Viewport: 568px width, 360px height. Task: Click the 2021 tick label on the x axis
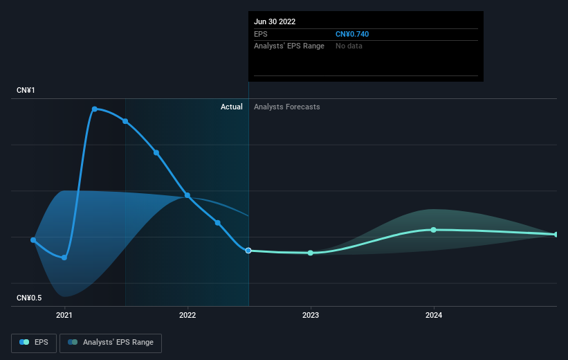pos(64,315)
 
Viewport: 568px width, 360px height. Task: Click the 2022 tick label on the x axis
pos(187,315)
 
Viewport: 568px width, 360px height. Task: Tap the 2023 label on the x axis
pos(311,315)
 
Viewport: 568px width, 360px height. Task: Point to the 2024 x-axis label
pos(434,315)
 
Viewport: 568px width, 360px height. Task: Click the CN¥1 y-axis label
pos(26,90)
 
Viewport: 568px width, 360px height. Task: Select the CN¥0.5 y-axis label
pos(29,298)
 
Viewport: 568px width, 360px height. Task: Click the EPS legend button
pos(34,343)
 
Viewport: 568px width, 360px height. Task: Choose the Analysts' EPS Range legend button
pos(111,343)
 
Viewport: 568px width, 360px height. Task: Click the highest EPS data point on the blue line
pos(95,109)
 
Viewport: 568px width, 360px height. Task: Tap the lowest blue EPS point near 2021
pos(64,258)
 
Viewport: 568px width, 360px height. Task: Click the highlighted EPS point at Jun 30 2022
pos(248,251)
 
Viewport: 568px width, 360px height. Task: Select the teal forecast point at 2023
pos(311,253)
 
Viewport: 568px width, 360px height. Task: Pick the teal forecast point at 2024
pos(434,230)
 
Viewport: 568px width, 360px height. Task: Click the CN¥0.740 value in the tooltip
pos(352,34)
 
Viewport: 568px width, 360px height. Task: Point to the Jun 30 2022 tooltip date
pos(275,21)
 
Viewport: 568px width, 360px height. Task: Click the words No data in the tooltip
pos(349,46)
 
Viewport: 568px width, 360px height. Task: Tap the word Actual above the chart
pos(232,107)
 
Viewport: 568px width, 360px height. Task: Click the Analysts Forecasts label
pos(287,107)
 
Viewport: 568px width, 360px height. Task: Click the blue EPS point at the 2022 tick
pos(187,195)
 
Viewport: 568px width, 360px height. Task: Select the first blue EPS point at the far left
pos(33,240)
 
